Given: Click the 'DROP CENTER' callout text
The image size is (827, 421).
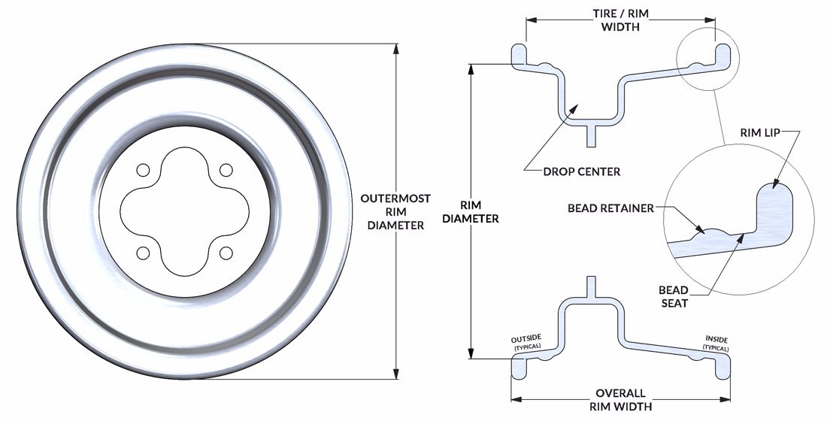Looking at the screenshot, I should click(581, 171).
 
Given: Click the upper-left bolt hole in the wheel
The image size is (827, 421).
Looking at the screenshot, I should click(143, 171).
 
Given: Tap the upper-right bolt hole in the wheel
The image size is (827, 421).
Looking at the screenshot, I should click(226, 171).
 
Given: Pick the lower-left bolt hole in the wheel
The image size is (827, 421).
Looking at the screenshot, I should click(143, 253).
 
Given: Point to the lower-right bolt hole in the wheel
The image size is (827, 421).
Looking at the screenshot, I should click(226, 253).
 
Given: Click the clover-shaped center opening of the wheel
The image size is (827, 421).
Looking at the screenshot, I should click(184, 211).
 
